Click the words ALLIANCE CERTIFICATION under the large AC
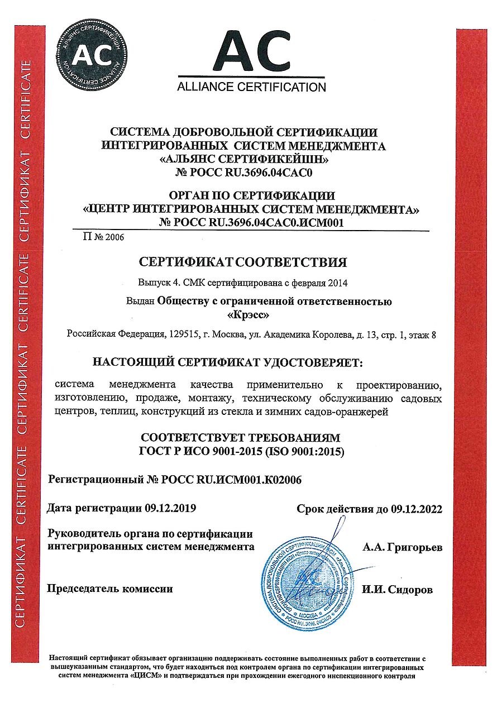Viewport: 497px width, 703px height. pyautogui.click(x=251, y=87)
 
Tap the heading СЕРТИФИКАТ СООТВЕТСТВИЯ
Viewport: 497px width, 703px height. pyautogui.click(x=243, y=262)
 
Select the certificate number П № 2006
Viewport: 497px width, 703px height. pyautogui.click(x=103, y=237)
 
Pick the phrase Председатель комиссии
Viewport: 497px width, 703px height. pyautogui.click(x=111, y=589)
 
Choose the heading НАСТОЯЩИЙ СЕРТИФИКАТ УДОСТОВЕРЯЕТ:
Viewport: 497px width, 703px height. pyautogui.click(x=227, y=364)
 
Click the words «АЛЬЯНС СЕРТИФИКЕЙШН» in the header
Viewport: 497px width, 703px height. pyautogui.click(x=243, y=159)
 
